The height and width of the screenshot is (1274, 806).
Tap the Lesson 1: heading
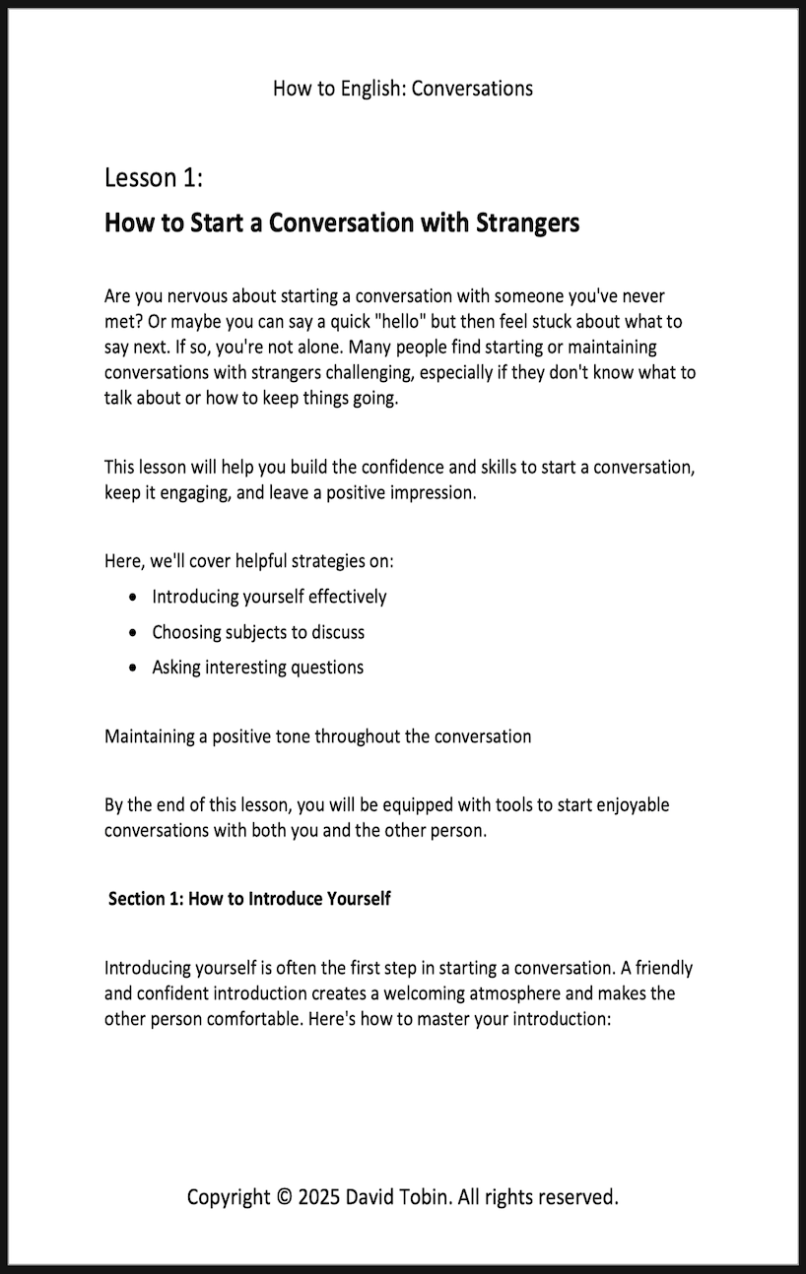coord(154,178)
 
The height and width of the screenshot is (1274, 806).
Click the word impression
coord(433,492)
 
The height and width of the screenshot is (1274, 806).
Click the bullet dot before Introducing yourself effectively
coord(133,597)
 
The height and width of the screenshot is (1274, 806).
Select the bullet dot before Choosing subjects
coord(133,632)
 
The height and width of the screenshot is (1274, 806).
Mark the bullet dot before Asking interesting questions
coord(133,668)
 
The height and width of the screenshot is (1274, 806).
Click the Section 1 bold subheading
coord(249,898)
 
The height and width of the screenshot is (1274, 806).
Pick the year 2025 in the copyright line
coord(318,1197)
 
